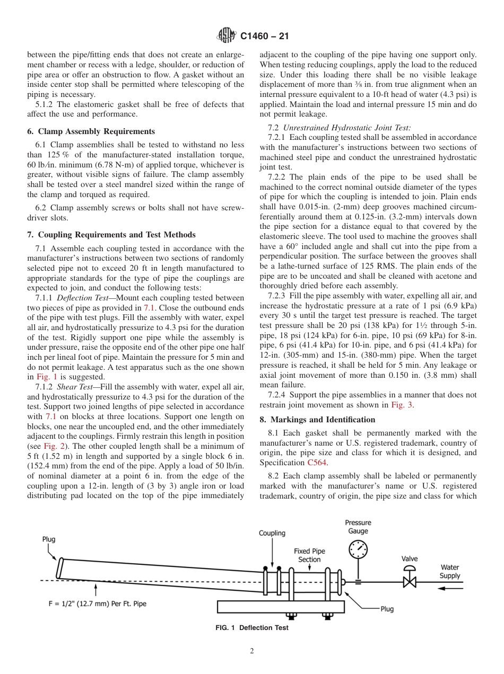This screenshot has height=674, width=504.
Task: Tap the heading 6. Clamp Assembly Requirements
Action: (x=91, y=131)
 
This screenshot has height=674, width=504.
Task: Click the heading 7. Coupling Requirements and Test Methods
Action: (x=111, y=235)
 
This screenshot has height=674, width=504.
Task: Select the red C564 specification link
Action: (x=317, y=463)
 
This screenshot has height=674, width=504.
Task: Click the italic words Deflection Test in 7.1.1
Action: (x=81, y=298)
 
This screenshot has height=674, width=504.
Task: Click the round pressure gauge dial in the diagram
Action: (x=358, y=549)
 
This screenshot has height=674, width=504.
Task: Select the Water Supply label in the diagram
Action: (x=450, y=571)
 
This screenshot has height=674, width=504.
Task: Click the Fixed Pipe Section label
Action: (x=309, y=555)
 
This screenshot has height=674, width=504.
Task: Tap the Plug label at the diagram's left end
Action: (x=49, y=539)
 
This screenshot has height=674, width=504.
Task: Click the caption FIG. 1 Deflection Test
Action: (x=251, y=627)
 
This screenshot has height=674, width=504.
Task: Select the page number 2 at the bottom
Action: (x=252, y=651)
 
